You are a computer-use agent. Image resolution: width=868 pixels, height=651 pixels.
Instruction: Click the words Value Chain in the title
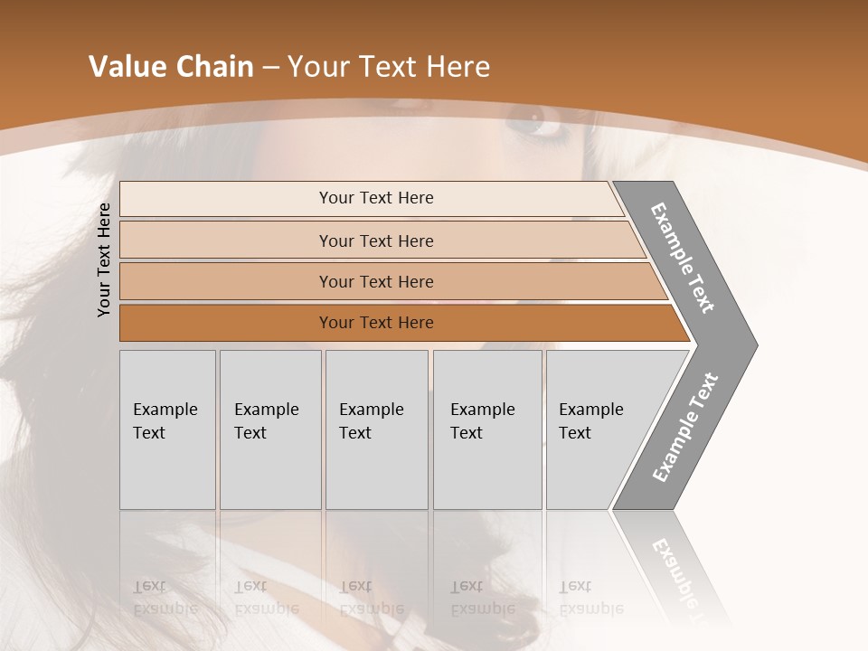coord(171,67)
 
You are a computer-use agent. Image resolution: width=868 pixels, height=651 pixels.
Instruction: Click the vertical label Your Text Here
coord(105,259)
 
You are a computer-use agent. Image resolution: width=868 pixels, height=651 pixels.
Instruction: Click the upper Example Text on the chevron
coord(683,258)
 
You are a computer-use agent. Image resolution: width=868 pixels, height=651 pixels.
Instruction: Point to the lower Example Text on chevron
coord(684,428)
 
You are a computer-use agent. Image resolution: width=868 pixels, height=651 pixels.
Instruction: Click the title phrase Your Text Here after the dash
coord(389,67)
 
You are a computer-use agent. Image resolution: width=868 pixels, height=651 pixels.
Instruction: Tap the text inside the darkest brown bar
coord(376,323)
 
